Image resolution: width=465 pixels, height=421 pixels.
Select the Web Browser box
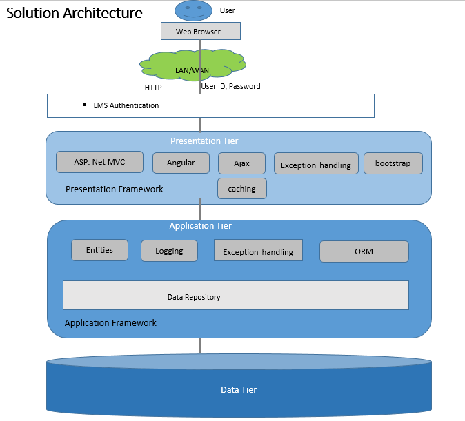pos(200,31)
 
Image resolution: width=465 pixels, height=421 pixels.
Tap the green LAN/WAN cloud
pos(192,68)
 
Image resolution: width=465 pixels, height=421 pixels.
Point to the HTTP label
pos(153,88)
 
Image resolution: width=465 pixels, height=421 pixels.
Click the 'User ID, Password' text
pos(230,87)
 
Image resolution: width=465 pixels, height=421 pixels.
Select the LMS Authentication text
pos(126,105)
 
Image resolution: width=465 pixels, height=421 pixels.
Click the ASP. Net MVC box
pos(99,162)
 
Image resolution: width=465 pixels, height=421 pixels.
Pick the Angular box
pos(181,163)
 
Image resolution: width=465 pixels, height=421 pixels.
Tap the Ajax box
pos(241,163)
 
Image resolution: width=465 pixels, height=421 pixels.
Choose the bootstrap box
pos(393,163)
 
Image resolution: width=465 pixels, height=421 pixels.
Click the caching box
pos(241,188)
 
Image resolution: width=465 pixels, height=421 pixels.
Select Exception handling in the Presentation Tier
pos(316,164)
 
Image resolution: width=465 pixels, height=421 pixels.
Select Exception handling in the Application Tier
pos(258,251)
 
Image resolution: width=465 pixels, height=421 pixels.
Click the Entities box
pos(99,250)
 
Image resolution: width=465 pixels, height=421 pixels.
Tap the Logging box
pos(169,251)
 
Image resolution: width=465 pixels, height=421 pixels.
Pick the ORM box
pos(364,251)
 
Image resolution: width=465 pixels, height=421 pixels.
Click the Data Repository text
pos(194,297)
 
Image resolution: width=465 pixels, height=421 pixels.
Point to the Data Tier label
pos(239,390)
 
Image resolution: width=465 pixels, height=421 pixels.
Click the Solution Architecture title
pos(75,13)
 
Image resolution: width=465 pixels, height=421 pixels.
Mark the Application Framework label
pos(110,322)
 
